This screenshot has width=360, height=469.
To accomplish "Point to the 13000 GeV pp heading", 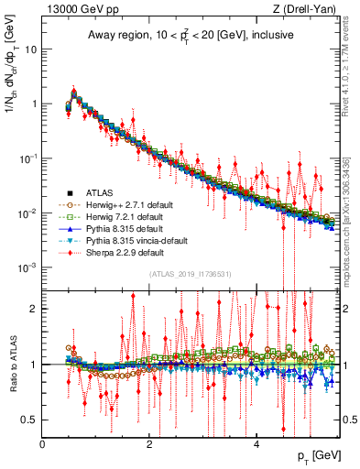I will tap(77, 9).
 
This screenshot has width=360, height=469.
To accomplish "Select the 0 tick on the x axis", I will tap(42, 444).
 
